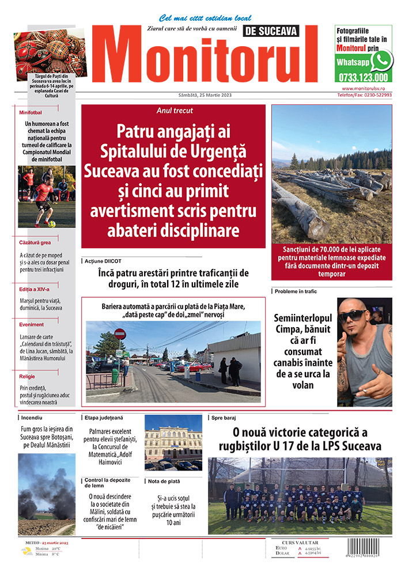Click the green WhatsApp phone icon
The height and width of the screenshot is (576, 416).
click(x=381, y=60)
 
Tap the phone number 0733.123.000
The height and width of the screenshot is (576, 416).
click(x=363, y=77)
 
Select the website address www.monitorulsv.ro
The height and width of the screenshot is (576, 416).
click(x=367, y=89)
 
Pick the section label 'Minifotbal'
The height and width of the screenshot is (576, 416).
click(x=31, y=113)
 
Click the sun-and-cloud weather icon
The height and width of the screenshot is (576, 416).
click(x=26, y=551)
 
